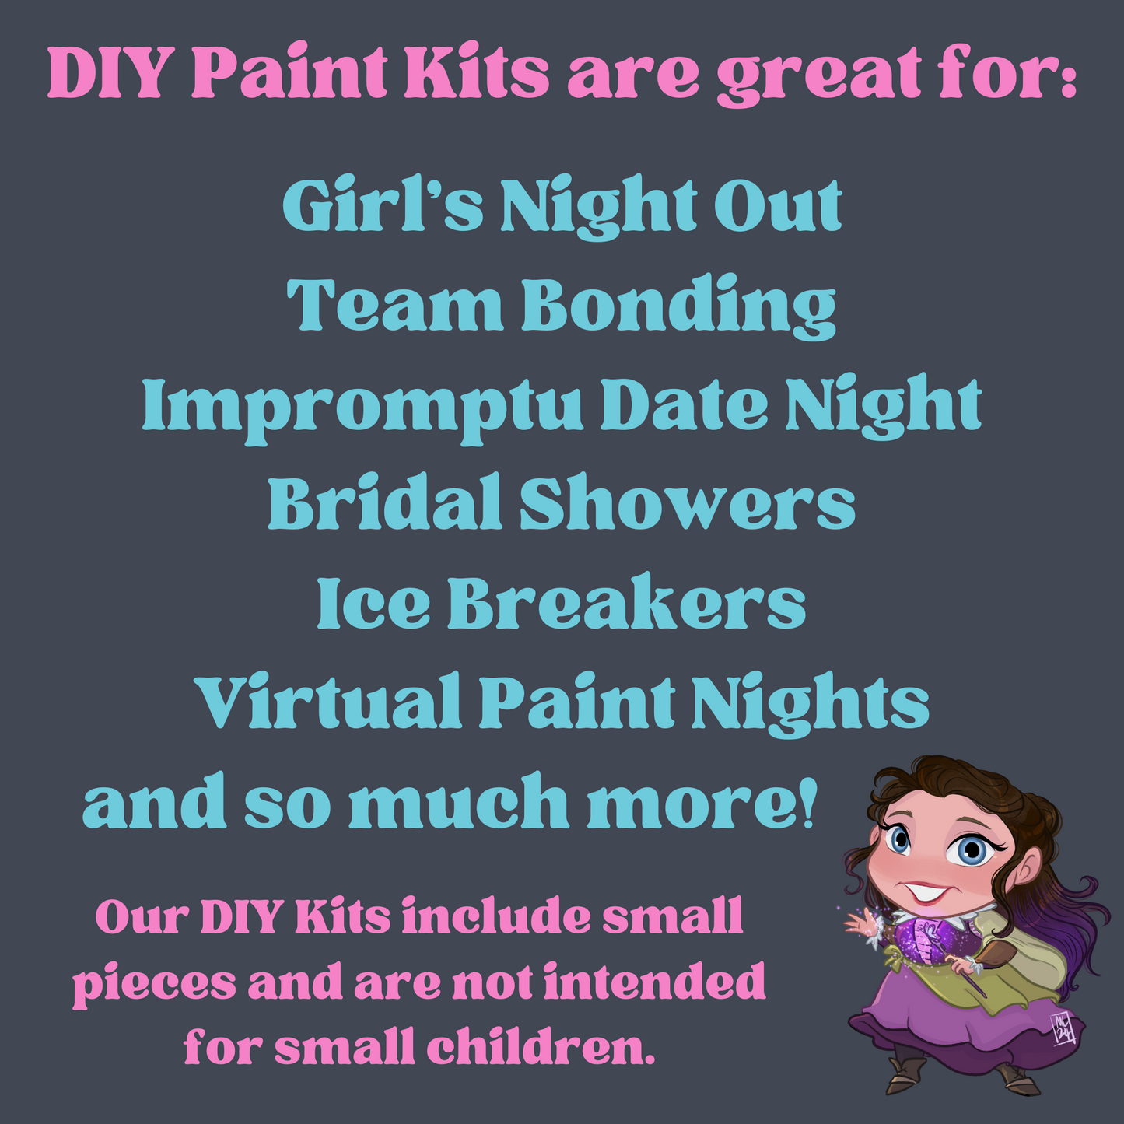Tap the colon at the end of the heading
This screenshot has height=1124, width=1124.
click(1066, 75)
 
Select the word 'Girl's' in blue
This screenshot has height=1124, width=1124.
click(383, 205)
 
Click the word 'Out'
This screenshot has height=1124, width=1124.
click(778, 205)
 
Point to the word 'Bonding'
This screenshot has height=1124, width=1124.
click(678, 306)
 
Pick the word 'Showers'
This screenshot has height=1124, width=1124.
click(687, 502)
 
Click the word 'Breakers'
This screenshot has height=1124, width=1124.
click(626, 601)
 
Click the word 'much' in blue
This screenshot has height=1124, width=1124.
click(458, 800)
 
